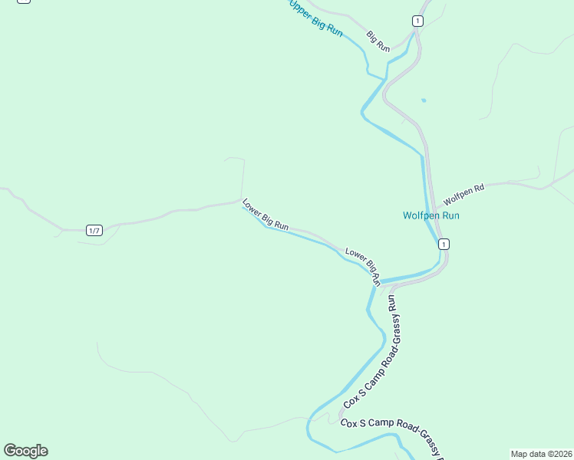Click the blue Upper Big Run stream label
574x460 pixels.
pos(315,17)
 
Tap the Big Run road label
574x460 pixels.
pos(378,41)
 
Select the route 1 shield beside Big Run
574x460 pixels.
pos(417,21)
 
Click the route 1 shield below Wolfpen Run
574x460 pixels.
pos(444,244)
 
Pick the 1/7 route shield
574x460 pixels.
pos(94,231)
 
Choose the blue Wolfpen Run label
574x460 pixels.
pos(431,215)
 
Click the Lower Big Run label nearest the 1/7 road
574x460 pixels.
pos(265,215)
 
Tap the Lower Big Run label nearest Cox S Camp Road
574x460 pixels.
pos(363,265)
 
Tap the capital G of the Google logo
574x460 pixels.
pos(10,451)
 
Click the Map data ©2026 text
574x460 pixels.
pos(541,454)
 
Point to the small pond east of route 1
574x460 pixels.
pos(423,100)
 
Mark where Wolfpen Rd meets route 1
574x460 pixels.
pos(434,208)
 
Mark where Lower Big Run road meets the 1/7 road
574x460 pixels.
pos(242,201)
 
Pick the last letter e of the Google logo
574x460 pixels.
pos(43,452)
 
